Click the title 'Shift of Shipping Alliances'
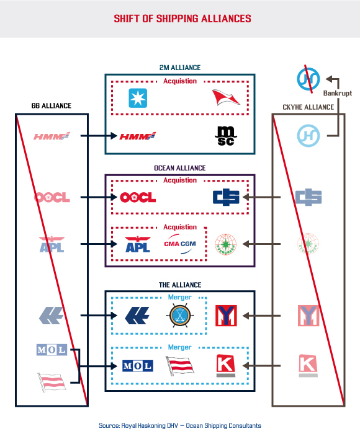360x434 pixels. pyautogui.click(x=182, y=19)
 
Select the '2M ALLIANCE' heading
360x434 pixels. pyautogui.click(x=179, y=68)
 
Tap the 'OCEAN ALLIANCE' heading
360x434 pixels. pyautogui.click(x=179, y=168)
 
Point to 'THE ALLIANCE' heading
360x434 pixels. pyautogui.click(x=179, y=285)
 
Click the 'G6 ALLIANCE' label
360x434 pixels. pyautogui.click(x=51, y=106)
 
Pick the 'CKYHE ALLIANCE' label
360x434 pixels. pyautogui.click(x=308, y=107)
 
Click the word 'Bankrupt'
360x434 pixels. pyautogui.click(x=336, y=94)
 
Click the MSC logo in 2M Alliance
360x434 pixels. pyautogui.click(x=223, y=136)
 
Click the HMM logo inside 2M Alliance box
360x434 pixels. pyautogui.click(x=137, y=136)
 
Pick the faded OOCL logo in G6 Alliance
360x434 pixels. pyautogui.click(x=52, y=198)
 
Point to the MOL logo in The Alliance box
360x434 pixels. pyautogui.click(x=137, y=366)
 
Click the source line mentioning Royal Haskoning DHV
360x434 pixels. pyautogui.click(x=180, y=425)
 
